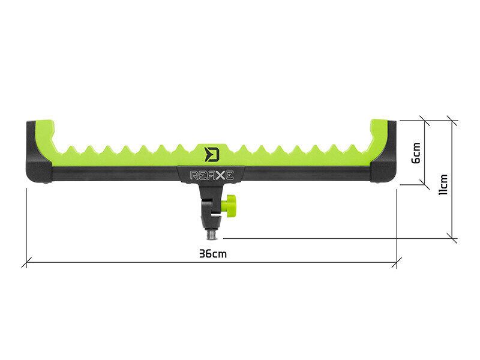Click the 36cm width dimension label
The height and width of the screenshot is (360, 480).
pyautogui.click(x=213, y=254)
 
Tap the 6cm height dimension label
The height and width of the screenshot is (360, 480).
pyautogui.click(x=416, y=152)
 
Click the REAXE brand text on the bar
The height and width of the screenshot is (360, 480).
pyautogui.click(x=211, y=176)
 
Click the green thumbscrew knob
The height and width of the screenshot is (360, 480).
pyautogui.click(x=230, y=206)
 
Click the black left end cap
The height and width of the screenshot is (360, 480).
pyautogui.click(x=36, y=165)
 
